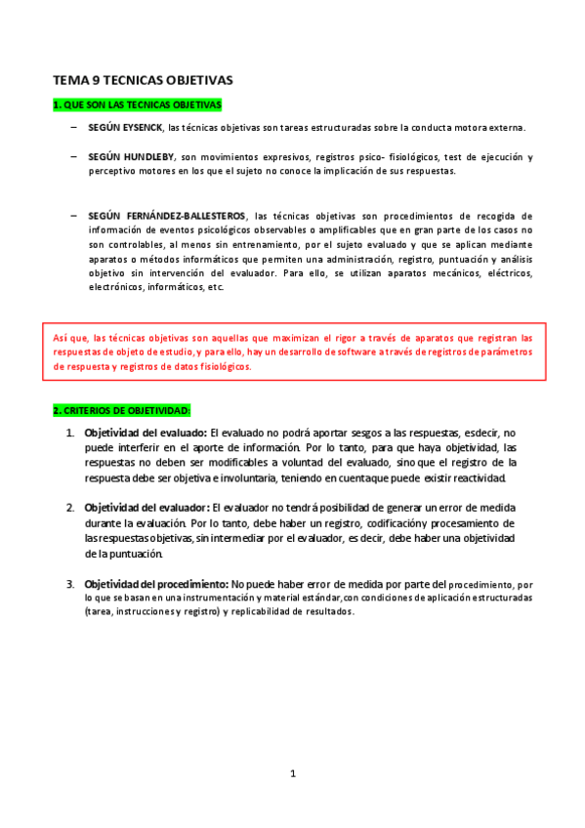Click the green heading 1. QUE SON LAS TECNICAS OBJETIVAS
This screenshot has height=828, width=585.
pos(137,104)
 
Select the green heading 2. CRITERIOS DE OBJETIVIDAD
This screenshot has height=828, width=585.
pos(122,410)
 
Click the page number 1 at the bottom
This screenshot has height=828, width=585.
pos(292,774)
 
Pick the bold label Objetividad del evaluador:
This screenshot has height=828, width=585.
pos(146,508)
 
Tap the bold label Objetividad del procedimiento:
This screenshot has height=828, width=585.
pos(156,584)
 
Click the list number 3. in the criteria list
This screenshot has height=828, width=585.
pos(70,584)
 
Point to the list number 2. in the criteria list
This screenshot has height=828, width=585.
pos(70,508)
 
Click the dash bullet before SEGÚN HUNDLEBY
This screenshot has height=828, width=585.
pos(74,156)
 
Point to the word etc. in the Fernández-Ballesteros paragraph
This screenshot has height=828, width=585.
pos(215,288)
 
